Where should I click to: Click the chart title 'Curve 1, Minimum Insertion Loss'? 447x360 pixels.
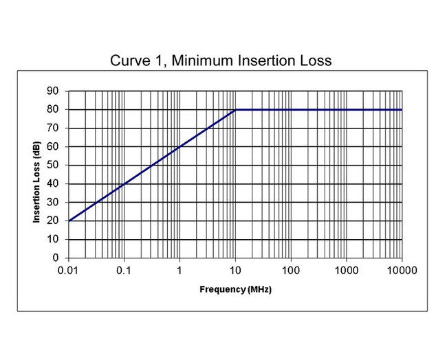click(221, 60)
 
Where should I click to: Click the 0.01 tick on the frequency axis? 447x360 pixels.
click(68, 270)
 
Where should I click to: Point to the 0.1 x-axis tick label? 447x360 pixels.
click(124, 270)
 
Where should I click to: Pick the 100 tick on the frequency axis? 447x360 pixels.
click(291, 270)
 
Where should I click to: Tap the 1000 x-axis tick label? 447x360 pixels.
click(347, 270)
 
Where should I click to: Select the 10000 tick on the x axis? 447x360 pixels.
click(402, 270)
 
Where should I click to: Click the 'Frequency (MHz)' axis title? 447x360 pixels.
click(235, 289)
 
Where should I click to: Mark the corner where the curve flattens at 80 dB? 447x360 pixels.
click(235, 109)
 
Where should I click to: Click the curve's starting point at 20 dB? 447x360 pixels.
click(69, 221)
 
